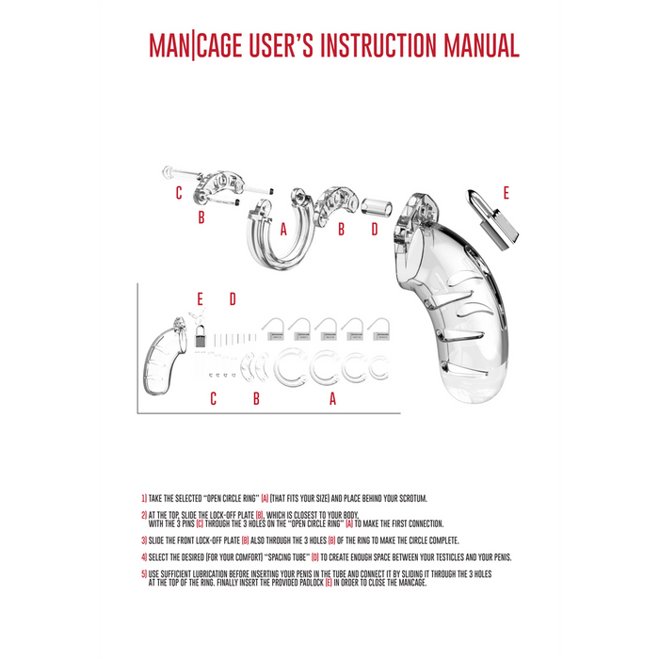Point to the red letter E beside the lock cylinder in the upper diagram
[x=506, y=193]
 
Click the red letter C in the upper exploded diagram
[x=178, y=194]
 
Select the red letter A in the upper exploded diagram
[x=282, y=229]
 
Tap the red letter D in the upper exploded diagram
[x=374, y=229]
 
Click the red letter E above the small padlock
[x=200, y=299]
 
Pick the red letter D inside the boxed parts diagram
[x=233, y=299]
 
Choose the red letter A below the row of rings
[x=331, y=399]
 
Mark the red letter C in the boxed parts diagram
[x=213, y=399]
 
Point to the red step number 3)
[x=144, y=540]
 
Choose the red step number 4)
[x=144, y=556]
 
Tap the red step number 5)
[x=144, y=573]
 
